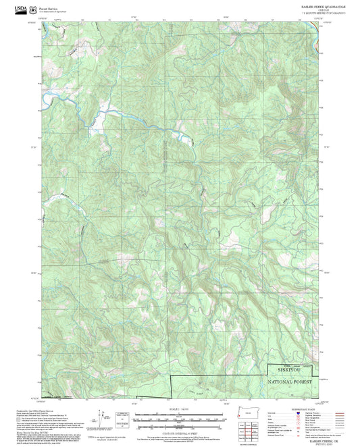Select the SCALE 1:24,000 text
point(180,411)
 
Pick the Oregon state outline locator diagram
point(237,413)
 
